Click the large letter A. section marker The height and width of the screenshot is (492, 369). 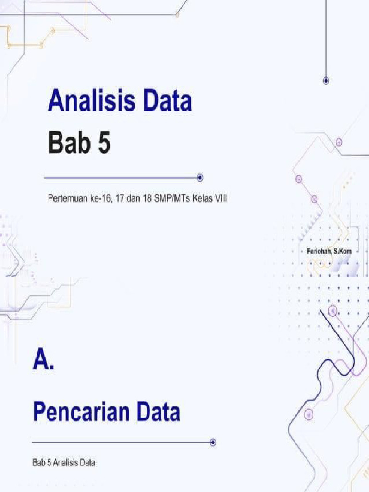(x=43, y=359)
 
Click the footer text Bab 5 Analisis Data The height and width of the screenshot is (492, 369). (x=63, y=463)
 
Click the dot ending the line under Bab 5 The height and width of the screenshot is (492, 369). (x=200, y=178)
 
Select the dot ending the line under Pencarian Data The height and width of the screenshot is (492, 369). (x=213, y=442)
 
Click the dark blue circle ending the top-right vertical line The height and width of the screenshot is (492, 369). (x=326, y=81)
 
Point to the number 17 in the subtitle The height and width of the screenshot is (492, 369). (x=115, y=198)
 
